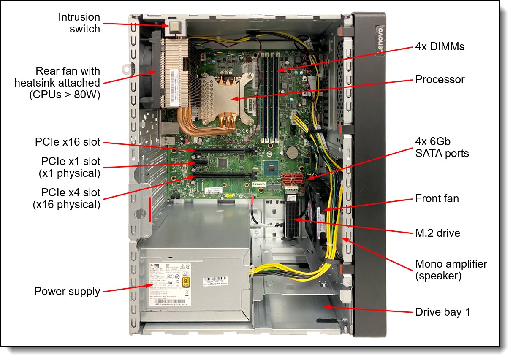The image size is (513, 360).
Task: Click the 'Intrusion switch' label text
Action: (x=79, y=23)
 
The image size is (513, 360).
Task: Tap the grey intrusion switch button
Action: (x=175, y=28)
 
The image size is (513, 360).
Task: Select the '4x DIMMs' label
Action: (x=439, y=46)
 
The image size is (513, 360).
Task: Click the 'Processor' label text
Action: (x=440, y=79)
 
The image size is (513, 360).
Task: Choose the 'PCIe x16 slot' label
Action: (x=68, y=142)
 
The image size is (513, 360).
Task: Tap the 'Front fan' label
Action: (x=437, y=198)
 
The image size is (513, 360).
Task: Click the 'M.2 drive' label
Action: (x=437, y=233)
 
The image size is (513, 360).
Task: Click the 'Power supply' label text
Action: (x=67, y=291)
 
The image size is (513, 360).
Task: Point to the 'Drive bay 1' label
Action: (x=442, y=312)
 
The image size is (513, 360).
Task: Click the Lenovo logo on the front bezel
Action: (x=379, y=40)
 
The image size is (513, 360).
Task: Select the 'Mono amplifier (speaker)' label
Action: (x=451, y=270)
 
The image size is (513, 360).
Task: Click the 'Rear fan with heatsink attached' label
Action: (x=57, y=83)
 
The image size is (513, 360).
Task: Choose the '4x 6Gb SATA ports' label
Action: (x=442, y=147)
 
